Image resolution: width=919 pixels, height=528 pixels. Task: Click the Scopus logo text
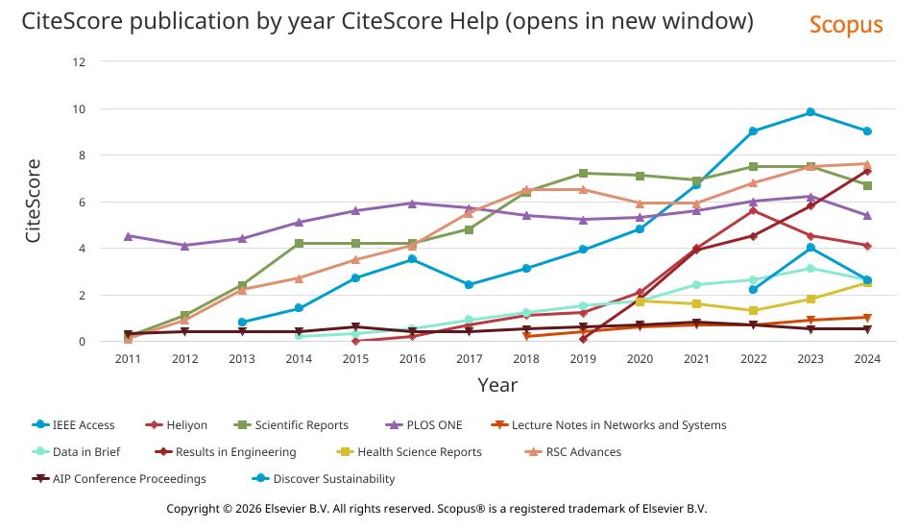[x=845, y=25]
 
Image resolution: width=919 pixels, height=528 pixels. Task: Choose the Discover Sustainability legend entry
[x=333, y=479]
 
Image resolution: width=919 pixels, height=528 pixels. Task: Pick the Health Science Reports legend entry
[x=418, y=452]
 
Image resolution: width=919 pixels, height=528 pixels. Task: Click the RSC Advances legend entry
[x=582, y=452]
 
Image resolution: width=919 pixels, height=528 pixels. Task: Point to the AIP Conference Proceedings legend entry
[x=129, y=479]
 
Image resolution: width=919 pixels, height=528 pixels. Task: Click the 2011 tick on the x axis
[x=128, y=359]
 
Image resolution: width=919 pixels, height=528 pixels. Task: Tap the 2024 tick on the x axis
[x=867, y=359]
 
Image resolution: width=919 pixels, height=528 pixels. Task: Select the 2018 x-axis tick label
[x=526, y=359]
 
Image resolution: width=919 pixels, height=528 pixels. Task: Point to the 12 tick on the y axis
[x=79, y=62]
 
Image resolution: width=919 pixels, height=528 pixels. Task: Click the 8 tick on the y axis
[x=82, y=156]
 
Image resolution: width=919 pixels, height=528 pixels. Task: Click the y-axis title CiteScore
[x=34, y=201]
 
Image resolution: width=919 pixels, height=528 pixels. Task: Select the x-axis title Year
[x=497, y=386]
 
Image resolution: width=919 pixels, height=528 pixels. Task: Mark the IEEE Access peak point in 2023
[x=810, y=112]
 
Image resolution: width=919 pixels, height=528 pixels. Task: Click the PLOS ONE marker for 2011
[x=129, y=236]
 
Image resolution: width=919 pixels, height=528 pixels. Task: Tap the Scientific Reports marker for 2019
[x=583, y=174]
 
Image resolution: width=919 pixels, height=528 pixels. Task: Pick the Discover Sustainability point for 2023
[x=810, y=248]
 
